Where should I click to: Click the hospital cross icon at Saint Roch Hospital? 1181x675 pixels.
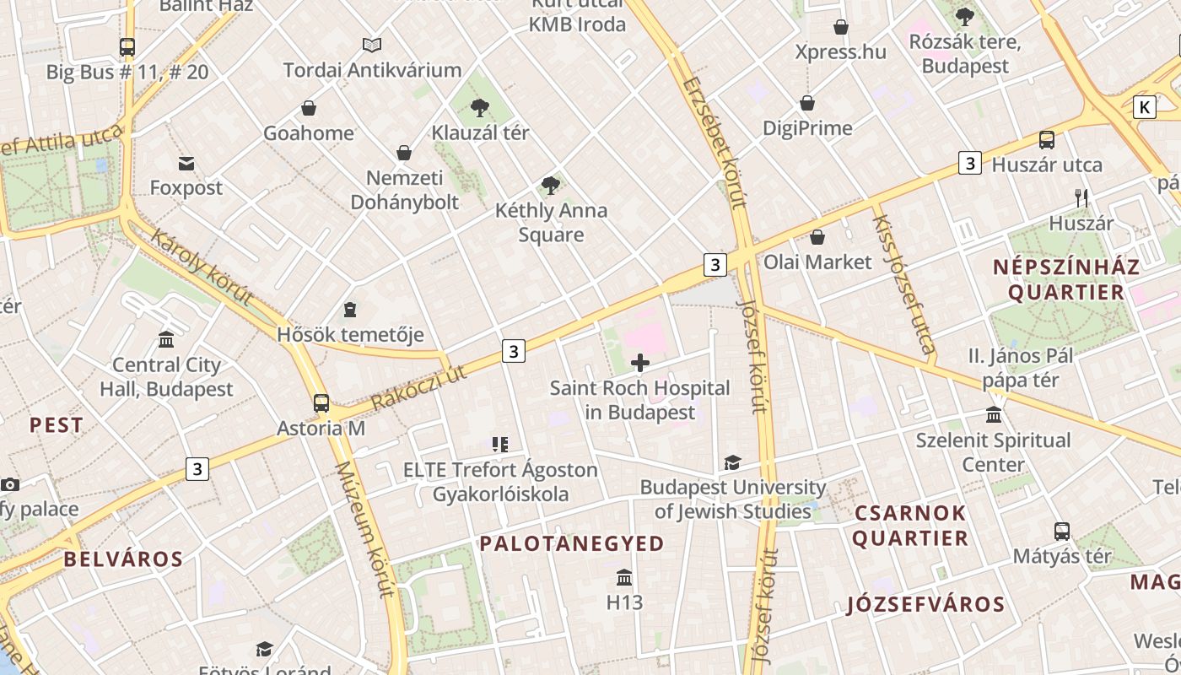640,364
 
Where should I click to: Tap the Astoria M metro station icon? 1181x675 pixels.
321,403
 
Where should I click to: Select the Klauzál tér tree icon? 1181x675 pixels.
480,107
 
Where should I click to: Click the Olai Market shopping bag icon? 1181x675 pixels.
817,237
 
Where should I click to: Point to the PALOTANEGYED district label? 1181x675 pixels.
572,543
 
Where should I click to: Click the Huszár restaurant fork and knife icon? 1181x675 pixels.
1081,198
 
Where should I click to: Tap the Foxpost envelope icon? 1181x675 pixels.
186,163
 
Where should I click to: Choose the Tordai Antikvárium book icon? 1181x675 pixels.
372,45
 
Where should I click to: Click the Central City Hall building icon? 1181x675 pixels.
166,340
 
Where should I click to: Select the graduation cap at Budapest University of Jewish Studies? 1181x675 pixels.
732,462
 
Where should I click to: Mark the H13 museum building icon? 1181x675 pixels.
624,578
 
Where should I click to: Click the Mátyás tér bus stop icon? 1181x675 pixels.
1062,532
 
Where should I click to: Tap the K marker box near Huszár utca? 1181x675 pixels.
1144,107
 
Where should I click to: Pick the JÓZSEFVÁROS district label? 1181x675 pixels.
925,604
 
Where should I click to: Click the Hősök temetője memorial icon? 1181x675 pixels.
350,310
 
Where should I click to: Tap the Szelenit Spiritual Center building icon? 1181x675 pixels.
995,415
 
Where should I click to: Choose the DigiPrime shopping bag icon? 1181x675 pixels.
807,103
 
